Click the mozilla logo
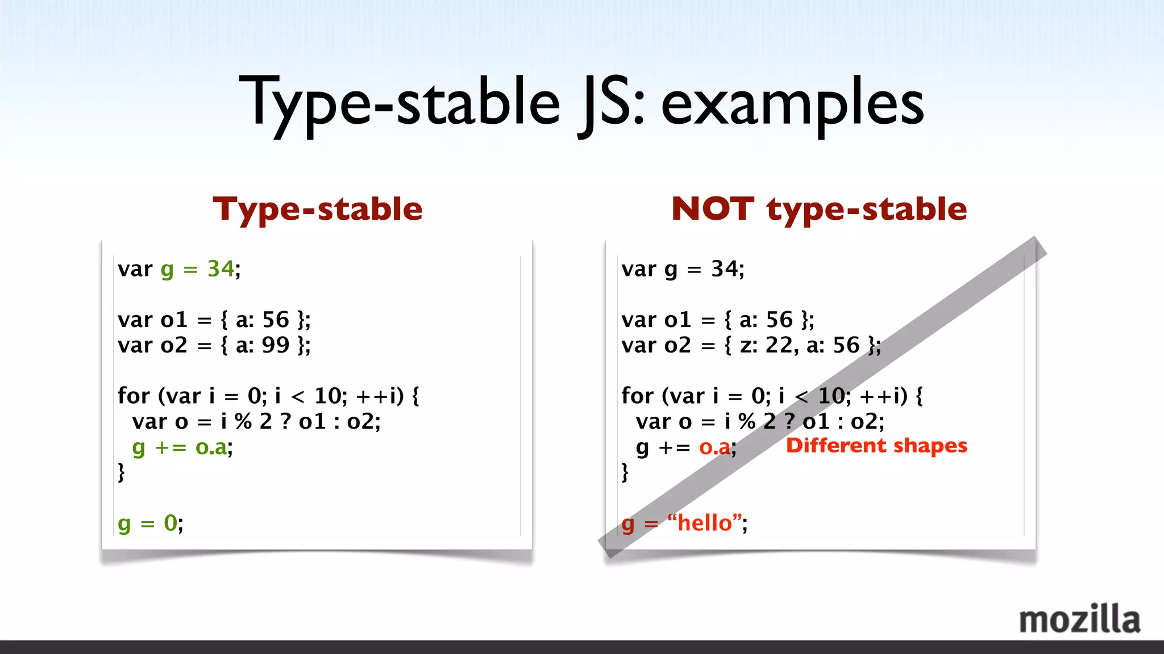click(1079, 619)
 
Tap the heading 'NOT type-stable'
click(818, 209)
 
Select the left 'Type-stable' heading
click(318, 209)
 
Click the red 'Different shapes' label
click(876, 446)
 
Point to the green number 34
click(221, 269)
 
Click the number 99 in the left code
click(276, 345)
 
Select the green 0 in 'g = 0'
click(171, 523)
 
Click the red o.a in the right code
click(714, 447)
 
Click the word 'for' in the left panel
click(134, 396)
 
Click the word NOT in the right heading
click(713, 209)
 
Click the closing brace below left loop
click(121, 472)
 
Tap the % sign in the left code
click(243, 422)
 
